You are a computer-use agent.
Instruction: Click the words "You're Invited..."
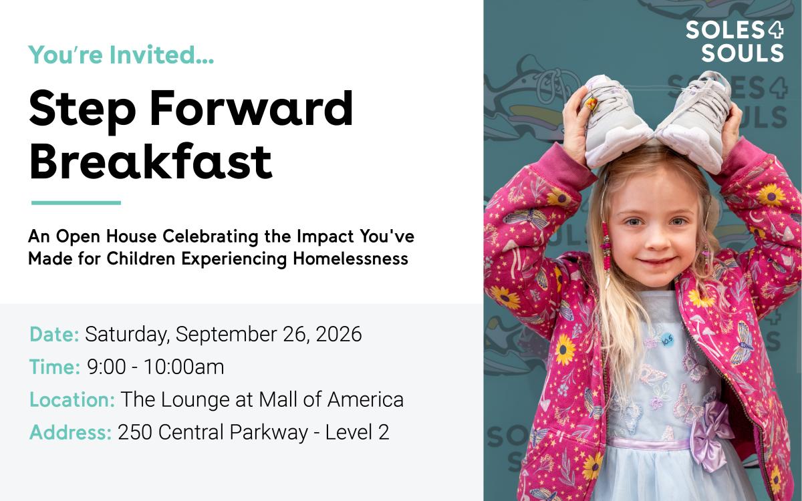click(122, 54)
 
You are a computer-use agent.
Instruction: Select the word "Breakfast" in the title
click(150, 161)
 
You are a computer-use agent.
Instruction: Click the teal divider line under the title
click(76, 203)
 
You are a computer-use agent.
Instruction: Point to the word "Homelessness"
click(350, 259)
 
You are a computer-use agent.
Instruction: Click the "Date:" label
click(54, 334)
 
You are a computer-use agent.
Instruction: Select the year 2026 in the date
click(339, 334)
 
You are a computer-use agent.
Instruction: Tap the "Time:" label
click(55, 367)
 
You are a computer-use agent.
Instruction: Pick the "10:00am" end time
click(184, 367)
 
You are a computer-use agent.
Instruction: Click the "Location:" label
click(72, 399)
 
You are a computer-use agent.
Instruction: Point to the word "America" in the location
click(366, 399)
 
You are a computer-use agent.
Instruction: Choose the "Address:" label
click(71, 432)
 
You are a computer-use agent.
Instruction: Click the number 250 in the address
click(135, 432)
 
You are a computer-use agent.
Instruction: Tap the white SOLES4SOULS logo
click(734, 41)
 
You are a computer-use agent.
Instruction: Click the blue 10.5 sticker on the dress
click(667, 340)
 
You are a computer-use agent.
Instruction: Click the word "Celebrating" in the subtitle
click(211, 237)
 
